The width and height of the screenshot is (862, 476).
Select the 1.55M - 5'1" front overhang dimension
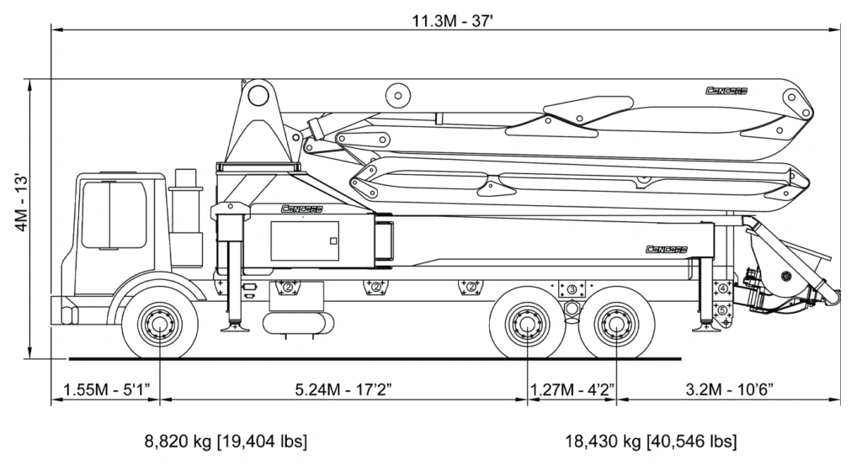point(105,389)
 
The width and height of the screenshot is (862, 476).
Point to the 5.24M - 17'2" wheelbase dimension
point(343,389)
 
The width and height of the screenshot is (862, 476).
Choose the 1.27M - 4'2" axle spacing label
point(572,389)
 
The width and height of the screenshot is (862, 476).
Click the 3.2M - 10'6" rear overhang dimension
point(729,389)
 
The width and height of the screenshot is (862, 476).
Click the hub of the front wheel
point(159,325)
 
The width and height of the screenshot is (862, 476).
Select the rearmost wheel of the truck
point(617,325)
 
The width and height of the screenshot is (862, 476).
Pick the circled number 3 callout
point(572,289)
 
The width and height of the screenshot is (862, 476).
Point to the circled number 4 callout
point(722,289)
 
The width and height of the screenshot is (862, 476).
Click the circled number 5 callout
point(722,310)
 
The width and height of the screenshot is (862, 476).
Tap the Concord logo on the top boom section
point(726,91)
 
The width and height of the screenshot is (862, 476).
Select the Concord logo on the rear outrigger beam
point(667,249)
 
